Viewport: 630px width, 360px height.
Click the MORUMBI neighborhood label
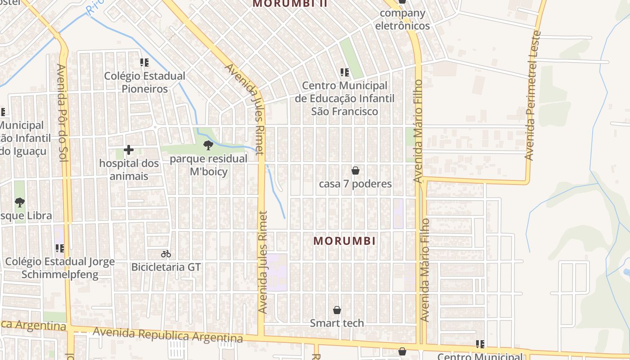[345, 241]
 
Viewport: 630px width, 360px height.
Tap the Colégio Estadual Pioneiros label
[145, 82]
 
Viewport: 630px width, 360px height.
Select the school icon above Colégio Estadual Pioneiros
[144, 63]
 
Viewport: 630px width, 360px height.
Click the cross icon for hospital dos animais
[129, 150]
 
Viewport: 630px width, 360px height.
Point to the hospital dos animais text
[129, 170]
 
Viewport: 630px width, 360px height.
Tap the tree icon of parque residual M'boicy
[208, 145]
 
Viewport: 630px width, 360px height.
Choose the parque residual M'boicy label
[209, 165]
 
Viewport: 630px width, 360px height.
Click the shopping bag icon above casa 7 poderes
[355, 171]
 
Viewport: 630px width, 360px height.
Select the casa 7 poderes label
[355, 184]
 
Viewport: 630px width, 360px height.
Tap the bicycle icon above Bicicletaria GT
[166, 254]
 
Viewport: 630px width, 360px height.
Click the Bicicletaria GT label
[166, 267]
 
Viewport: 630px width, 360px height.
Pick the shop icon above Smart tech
[337, 310]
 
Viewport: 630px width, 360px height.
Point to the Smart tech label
[337, 323]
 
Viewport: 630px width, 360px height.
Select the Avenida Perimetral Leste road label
[533, 95]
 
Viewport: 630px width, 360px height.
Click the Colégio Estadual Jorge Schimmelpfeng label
[60, 268]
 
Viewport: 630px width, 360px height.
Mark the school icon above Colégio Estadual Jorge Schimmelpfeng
[60, 248]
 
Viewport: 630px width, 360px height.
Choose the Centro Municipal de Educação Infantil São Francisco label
[345, 99]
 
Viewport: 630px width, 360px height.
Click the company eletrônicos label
[402, 19]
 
